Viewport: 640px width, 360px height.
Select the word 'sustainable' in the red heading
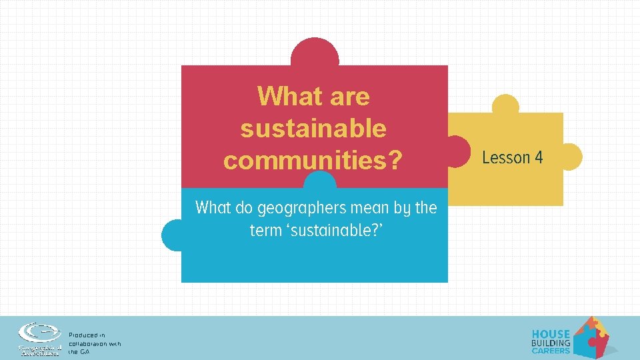[313, 128]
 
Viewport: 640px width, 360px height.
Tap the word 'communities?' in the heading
[313, 160]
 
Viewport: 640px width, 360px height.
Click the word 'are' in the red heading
[349, 97]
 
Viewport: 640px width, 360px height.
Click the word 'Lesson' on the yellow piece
[506, 157]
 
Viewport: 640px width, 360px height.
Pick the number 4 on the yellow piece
[538, 157]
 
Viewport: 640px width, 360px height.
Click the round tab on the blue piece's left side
[172, 235]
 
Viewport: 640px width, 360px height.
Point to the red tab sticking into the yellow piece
[458, 150]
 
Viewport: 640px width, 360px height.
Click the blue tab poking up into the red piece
[320, 181]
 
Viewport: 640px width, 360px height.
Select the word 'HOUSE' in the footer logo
[551, 334]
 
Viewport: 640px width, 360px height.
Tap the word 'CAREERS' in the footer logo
[551, 351]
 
